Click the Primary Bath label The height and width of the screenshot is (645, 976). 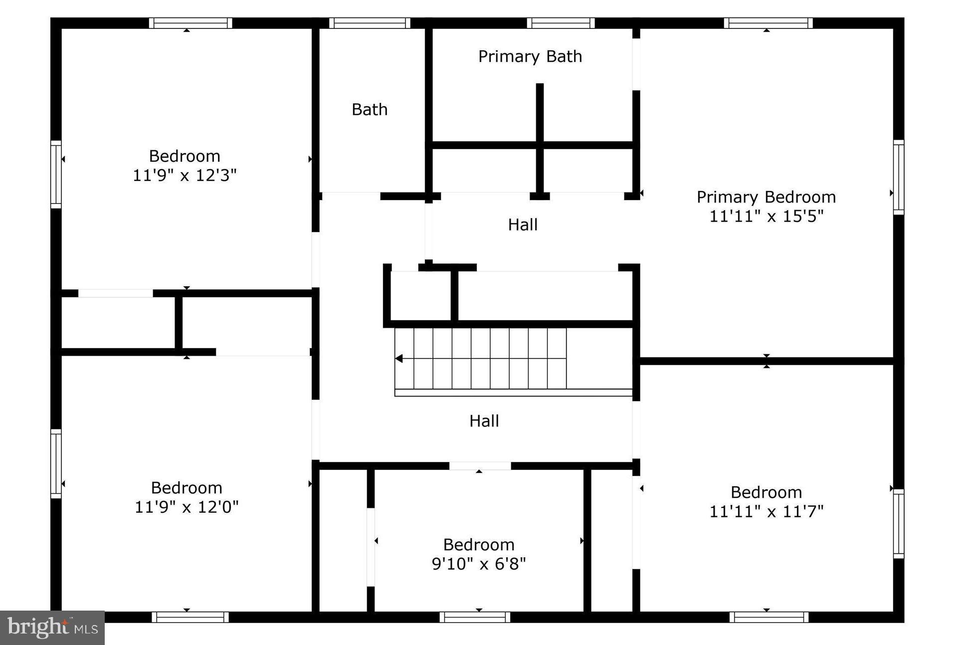point(530,56)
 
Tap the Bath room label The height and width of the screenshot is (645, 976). point(370,109)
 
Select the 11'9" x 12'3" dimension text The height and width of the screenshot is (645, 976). point(185,176)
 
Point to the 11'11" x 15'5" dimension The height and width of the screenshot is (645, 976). point(766,216)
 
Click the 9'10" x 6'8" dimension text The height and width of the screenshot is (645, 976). point(479,564)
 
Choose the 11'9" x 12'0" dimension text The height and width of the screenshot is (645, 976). point(187,507)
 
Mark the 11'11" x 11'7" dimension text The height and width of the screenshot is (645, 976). point(766,512)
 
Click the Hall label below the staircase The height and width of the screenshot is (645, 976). point(484,421)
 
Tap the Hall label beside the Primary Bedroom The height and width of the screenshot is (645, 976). point(523,225)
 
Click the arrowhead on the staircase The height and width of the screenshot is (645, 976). point(399,358)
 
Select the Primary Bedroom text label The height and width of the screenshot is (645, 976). point(766,197)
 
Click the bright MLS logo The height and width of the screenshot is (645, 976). point(52,628)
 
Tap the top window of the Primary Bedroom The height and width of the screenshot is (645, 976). point(768,23)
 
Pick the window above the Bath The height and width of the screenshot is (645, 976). point(370,23)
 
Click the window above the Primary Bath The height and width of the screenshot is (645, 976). point(561,23)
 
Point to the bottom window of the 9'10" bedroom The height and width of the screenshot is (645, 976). point(475,617)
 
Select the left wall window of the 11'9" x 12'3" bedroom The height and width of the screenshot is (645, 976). point(56,175)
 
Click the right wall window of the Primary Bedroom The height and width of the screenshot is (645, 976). point(898,177)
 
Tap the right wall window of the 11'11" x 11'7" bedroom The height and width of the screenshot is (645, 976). point(898,523)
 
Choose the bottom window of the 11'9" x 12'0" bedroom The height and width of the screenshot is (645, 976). point(190,617)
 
